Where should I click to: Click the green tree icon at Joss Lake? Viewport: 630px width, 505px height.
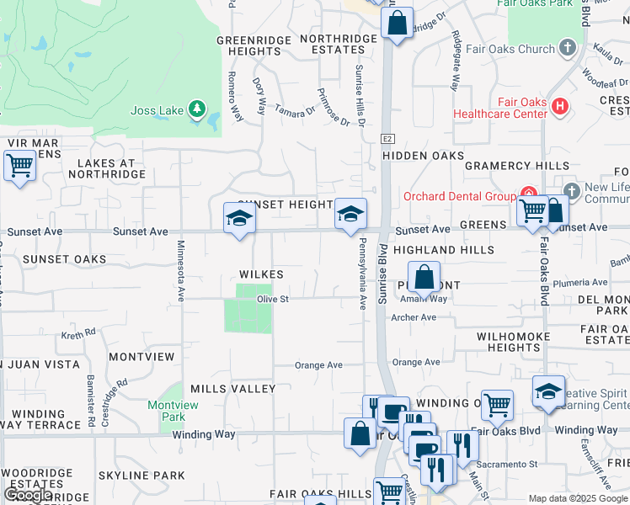pos(196,109)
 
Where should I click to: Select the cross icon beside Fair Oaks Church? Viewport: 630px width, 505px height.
pos(569,49)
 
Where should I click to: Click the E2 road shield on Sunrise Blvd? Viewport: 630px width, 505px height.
pos(387,138)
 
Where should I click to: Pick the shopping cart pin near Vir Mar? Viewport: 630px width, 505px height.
pos(19,165)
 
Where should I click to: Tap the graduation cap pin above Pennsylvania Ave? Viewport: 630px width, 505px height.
pos(350,215)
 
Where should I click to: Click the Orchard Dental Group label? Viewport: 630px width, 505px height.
pos(458,196)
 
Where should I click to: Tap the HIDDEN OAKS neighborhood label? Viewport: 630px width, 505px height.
pos(423,156)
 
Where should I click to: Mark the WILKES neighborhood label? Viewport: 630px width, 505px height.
pos(260,274)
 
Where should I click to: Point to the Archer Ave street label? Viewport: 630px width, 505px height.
pos(414,317)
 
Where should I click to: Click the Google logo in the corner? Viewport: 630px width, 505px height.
pos(28,495)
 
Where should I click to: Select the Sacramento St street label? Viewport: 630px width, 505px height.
pos(516,464)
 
